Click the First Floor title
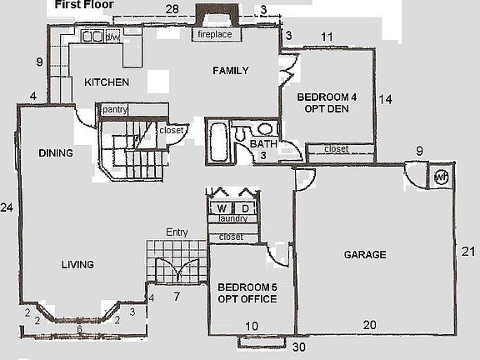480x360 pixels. (x=85, y=5)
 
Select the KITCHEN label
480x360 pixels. (x=107, y=82)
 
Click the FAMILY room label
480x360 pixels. (x=229, y=70)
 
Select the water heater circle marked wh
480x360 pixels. (x=441, y=177)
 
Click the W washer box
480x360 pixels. (x=222, y=207)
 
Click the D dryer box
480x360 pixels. (x=247, y=207)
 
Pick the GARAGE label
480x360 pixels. (x=365, y=255)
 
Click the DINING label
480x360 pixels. (x=56, y=152)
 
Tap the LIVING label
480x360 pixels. (x=77, y=265)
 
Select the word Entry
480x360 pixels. (x=177, y=232)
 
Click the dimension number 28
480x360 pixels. (x=172, y=9)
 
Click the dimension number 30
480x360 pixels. (x=299, y=347)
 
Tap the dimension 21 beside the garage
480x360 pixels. (x=469, y=252)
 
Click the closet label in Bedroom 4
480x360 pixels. (x=336, y=149)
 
